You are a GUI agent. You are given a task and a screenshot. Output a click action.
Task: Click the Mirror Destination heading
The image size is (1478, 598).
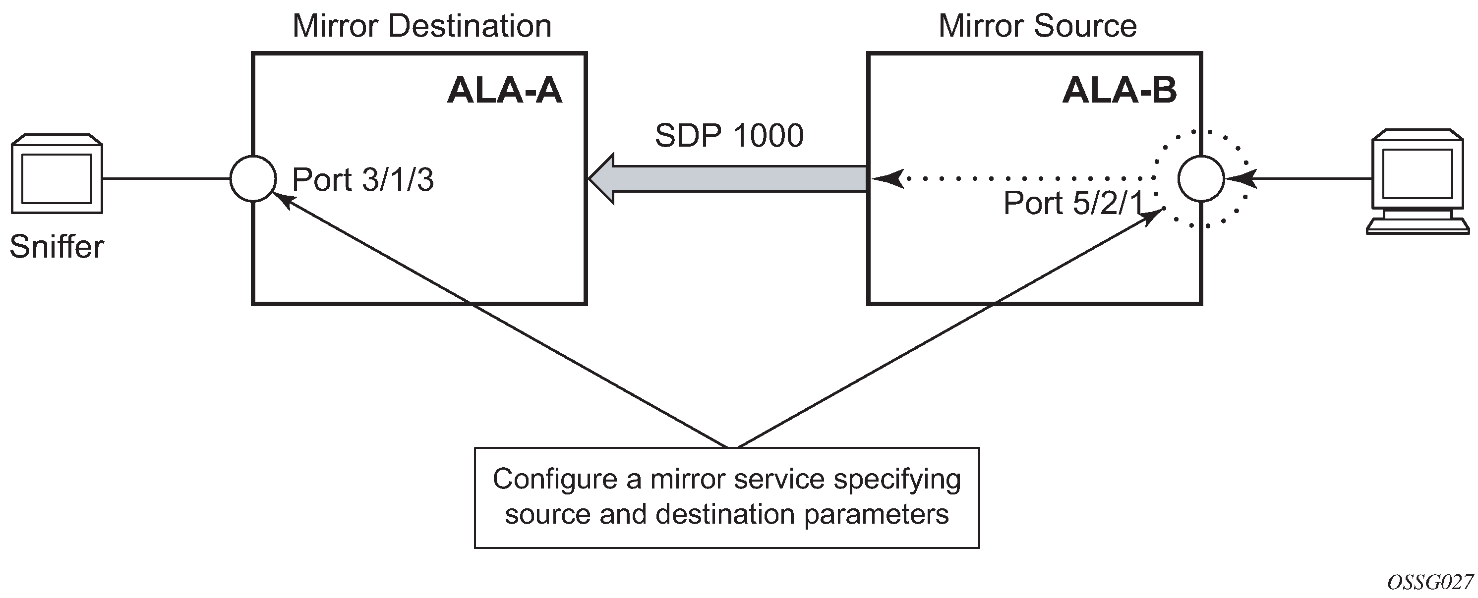422,26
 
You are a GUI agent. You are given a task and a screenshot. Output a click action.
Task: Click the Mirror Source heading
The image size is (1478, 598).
1037,26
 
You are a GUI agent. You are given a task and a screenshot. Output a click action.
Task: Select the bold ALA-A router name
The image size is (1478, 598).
504,91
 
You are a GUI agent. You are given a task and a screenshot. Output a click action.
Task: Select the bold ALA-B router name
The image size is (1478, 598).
1120,91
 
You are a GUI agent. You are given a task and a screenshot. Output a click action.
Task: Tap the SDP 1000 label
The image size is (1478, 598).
729,136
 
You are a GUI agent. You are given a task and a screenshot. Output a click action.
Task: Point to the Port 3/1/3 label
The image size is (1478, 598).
362,180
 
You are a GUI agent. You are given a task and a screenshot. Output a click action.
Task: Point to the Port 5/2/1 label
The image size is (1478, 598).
1073,203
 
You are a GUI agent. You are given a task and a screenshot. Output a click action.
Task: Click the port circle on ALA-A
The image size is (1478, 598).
253,178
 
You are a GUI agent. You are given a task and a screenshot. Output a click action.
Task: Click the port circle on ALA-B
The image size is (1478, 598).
1201,178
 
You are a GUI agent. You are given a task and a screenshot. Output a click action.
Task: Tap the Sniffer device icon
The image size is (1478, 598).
57,174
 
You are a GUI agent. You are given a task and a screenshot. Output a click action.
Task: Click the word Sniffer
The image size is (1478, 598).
57,247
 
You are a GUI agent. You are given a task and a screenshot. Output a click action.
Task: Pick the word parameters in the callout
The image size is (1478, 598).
876,514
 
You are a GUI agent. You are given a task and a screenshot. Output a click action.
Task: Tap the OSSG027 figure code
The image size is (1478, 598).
1430,583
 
